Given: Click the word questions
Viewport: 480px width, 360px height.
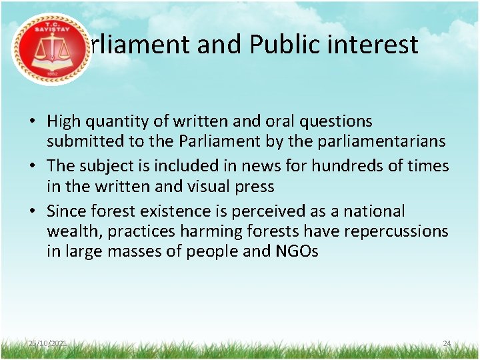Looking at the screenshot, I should (340, 122).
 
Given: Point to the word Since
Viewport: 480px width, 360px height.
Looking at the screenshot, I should (67, 211).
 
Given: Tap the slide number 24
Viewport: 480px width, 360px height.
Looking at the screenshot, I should (447, 343).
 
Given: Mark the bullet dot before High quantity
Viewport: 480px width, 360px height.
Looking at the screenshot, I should (31, 122).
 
